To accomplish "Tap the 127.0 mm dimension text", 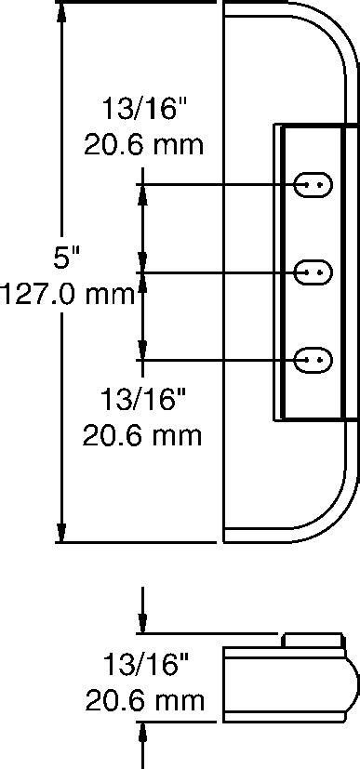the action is click(67, 296).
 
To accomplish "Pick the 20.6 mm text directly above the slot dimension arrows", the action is click(143, 145).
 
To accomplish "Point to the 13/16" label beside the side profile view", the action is click(146, 665).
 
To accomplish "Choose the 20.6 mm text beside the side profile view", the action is click(145, 701).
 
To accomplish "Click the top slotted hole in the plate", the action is click(313, 185).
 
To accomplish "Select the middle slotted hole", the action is click(313, 272).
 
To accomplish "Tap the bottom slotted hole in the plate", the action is click(313, 360).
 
